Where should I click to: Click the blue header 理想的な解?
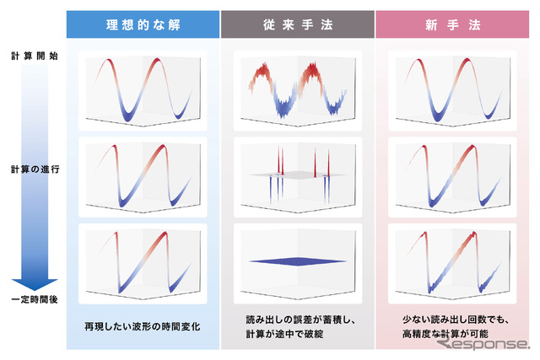[143, 24]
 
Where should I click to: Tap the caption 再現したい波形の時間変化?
[143, 325]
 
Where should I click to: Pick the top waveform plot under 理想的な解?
[143, 90]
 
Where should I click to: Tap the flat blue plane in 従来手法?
[297, 261]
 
